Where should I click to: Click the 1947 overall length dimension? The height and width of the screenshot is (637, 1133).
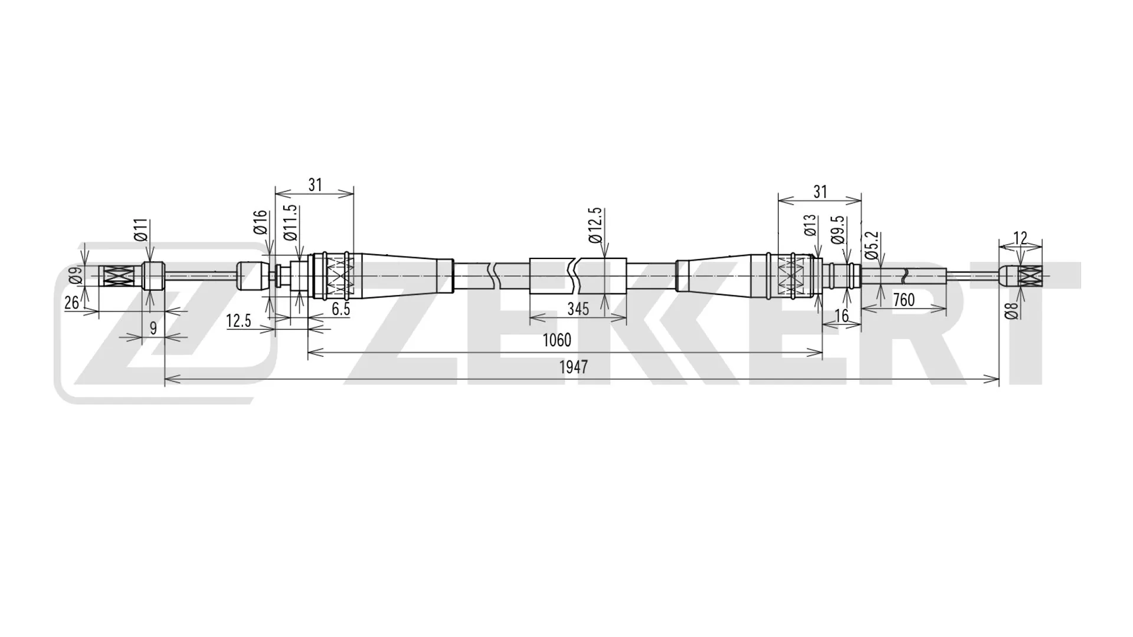tap(573, 367)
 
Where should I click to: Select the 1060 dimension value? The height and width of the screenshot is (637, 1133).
tap(556, 340)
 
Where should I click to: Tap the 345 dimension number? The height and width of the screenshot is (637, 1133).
tap(578, 308)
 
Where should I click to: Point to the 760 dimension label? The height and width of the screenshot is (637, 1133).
tap(903, 300)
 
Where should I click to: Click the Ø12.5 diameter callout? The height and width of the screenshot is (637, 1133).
tap(595, 225)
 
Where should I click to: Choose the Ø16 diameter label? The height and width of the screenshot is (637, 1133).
tap(261, 222)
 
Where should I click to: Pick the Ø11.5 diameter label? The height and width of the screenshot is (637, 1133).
tap(290, 223)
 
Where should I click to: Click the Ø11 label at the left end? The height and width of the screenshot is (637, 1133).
tap(140, 230)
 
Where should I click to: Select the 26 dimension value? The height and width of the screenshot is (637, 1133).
tap(72, 303)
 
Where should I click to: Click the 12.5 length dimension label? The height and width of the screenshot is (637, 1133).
tap(238, 321)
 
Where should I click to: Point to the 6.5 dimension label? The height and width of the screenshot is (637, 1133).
tap(340, 309)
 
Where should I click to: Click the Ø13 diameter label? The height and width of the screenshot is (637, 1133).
tap(810, 225)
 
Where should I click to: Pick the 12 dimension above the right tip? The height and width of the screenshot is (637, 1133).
tap(1020, 238)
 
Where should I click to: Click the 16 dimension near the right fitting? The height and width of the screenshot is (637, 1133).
tap(842, 316)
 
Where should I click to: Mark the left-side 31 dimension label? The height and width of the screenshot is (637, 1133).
tap(315, 185)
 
